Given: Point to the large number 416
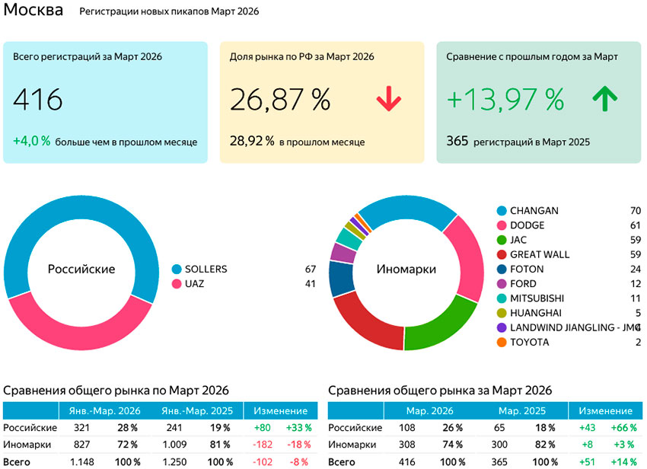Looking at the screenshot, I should [38, 100].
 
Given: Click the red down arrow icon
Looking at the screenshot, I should [388, 100].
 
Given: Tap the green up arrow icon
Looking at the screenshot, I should [605, 99].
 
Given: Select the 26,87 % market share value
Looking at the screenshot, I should [280, 100].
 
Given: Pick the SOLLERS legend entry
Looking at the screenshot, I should [206, 270].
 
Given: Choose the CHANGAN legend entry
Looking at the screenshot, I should [534, 211].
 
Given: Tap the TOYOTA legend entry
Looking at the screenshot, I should [528, 342].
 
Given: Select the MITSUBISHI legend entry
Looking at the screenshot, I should [537, 298].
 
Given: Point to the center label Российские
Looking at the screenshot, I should [81, 270].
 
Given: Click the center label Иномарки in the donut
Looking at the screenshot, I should [406, 270].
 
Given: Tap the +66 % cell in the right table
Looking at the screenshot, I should [623, 428].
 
